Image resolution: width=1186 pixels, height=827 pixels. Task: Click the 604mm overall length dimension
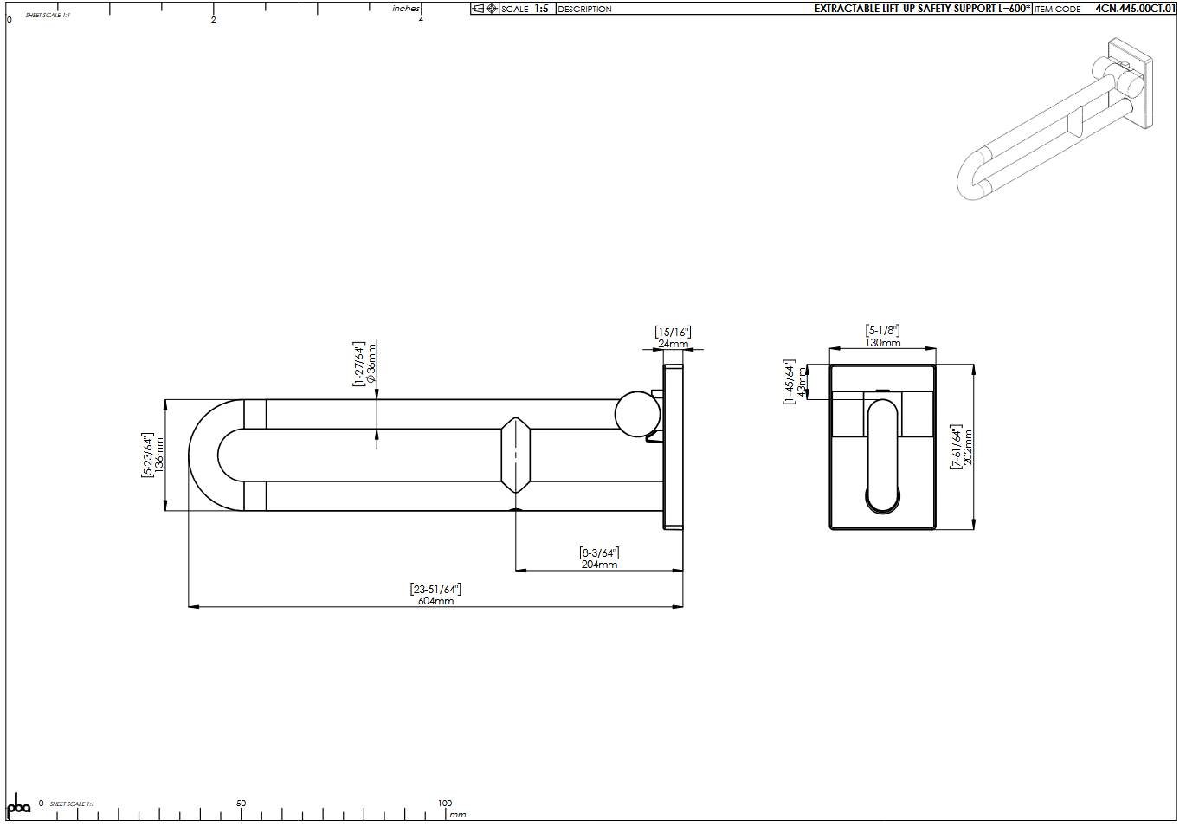[435, 601]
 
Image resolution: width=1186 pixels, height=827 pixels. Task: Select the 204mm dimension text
[599, 565]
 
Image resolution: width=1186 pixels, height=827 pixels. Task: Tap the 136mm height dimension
[159, 455]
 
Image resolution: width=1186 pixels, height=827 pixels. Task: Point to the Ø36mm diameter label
[371, 364]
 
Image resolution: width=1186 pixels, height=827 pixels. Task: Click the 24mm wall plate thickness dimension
[673, 344]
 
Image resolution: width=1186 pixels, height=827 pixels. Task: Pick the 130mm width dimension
[882, 342]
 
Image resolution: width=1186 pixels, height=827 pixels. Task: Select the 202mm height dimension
[968, 447]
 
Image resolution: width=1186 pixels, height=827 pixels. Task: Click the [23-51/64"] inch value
[435, 590]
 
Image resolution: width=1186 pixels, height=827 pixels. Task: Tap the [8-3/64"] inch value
[599, 552]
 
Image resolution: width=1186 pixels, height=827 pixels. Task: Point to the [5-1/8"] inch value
[882, 330]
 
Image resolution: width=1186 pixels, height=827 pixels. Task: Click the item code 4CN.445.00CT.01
[1135, 9]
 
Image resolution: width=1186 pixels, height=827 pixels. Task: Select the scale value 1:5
[541, 9]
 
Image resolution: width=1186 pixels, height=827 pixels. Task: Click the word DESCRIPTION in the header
[584, 9]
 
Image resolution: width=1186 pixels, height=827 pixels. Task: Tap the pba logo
[18, 804]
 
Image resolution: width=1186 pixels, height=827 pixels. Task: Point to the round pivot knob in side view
[636, 414]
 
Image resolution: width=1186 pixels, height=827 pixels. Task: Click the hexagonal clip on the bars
[515, 455]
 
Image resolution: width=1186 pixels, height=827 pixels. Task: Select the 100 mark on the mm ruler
[444, 804]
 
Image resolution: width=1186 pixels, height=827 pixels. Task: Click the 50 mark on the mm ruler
[241, 804]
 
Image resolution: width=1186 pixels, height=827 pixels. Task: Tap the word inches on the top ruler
[405, 9]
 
